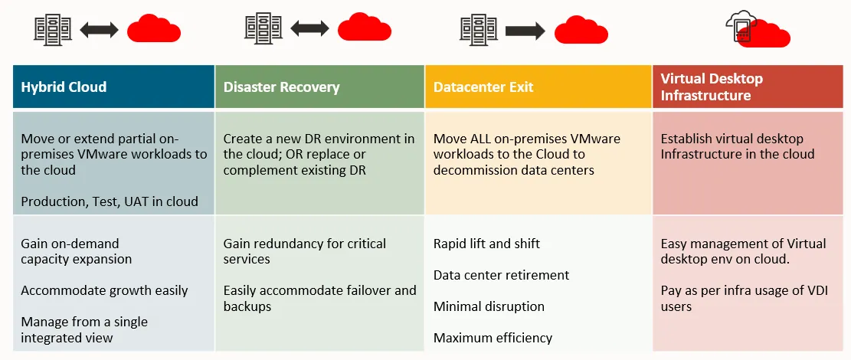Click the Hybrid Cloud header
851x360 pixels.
coord(64,87)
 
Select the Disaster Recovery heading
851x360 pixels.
coord(282,87)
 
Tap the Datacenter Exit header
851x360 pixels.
coord(483,87)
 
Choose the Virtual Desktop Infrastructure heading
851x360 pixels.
coord(712,87)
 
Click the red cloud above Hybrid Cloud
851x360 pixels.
coord(154,29)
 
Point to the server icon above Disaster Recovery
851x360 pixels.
coord(263,29)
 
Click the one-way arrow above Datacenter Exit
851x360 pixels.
coord(525,31)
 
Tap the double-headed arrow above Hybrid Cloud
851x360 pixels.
coord(99,30)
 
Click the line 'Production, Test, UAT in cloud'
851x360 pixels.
coord(110,202)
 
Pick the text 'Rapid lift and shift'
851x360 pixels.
coord(486,244)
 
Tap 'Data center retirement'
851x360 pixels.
coord(502,275)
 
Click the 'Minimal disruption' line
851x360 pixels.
coord(489,306)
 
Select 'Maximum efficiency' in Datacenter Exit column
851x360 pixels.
coord(493,338)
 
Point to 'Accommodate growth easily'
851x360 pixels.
coord(105,290)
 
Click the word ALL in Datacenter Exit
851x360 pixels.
coord(480,139)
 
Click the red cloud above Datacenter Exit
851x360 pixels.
coord(581,29)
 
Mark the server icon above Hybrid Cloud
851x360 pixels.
coord(53,29)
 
